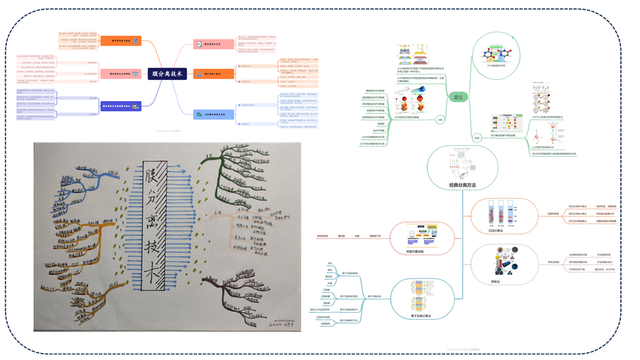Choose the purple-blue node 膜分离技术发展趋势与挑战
coord(122,106)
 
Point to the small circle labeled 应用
coord(476,138)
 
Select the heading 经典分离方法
coord(463,185)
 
